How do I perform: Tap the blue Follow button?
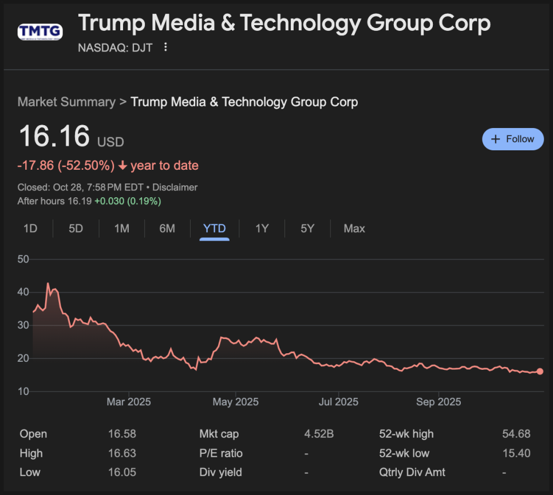tap(513, 139)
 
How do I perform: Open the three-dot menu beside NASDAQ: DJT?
tap(165, 47)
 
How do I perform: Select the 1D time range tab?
tap(30, 229)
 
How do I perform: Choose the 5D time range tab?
tap(76, 229)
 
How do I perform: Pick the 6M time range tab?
tap(167, 229)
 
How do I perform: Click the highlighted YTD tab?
tap(215, 229)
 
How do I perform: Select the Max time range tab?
tap(354, 229)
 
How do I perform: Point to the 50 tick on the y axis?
tap(23, 260)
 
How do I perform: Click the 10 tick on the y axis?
tap(23, 392)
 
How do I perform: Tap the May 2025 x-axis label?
tap(235, 402)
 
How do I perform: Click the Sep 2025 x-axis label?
tap(439, 402)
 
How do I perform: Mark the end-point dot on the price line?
tap(540, 372)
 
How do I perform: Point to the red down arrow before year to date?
tap(123, 166)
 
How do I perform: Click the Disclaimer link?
tap(176, 187)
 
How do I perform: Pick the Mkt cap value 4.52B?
tap(319, 434)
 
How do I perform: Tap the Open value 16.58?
tap(122, 434)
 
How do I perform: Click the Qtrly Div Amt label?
tap(412, 472)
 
